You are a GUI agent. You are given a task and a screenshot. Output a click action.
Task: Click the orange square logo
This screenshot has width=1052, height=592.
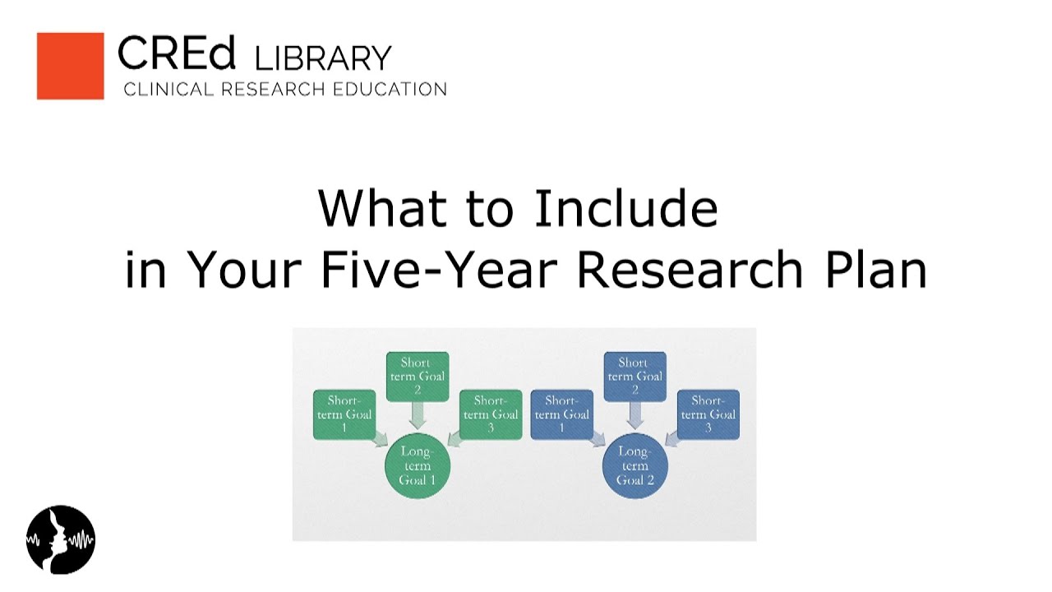pos(71,66)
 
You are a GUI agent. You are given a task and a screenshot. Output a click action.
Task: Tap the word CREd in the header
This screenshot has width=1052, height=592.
pos(177,53)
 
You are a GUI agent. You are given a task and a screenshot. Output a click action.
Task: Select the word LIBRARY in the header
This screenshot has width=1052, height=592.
pos(323,58)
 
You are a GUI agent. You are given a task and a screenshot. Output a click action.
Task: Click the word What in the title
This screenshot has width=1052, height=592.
pos(378,209)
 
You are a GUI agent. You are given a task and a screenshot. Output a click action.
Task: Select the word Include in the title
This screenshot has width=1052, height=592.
pos(626,209)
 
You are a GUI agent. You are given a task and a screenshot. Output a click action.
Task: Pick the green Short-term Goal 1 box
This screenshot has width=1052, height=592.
pos(344,414)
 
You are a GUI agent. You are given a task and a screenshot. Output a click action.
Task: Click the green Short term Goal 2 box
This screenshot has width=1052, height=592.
pos(418,377)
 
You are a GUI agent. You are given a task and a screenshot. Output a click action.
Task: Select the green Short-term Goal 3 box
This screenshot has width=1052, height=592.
pos(491,414)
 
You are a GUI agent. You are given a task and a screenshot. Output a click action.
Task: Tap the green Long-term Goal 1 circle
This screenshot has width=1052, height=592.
pos(418,465)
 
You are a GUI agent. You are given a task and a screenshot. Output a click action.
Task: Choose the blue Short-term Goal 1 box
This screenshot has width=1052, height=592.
pos(562,414)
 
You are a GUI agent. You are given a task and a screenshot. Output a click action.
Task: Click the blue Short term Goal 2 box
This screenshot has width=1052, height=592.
pos(634,377)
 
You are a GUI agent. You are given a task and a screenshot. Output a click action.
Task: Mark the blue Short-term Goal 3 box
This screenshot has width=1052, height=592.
pos(708,414)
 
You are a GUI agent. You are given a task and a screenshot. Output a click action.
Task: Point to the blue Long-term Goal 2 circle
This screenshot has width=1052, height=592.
pos(634,465)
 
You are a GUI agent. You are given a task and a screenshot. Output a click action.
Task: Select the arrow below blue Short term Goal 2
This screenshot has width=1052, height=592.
pos(634,415)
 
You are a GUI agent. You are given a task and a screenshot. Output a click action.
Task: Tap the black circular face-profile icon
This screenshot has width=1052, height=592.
pos(61,540)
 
